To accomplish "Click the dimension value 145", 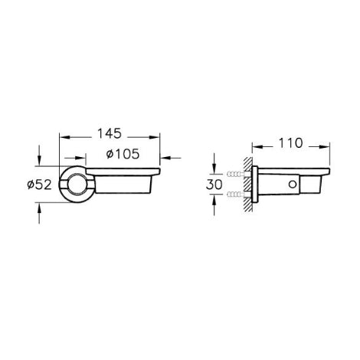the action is [110, 133].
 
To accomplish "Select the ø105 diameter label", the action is [123, 154].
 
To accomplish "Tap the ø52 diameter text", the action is [39, 185].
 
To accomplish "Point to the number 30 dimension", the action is [214, 185].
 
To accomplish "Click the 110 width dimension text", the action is [291, 143].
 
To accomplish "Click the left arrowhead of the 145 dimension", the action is [64, 137].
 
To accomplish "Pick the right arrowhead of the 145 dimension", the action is [155, 137].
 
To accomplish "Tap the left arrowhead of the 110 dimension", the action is [257, 146].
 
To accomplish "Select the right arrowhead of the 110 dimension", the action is [325, 146].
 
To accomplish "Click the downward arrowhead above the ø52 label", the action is [39, 161].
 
